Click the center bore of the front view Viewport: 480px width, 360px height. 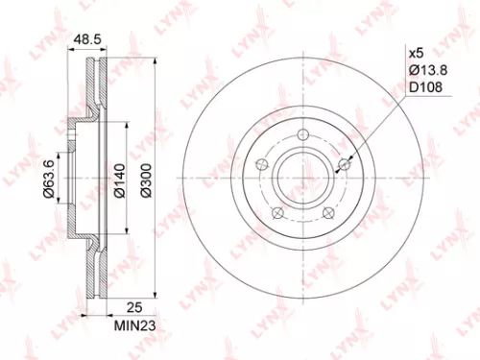[x=303, y=179]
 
